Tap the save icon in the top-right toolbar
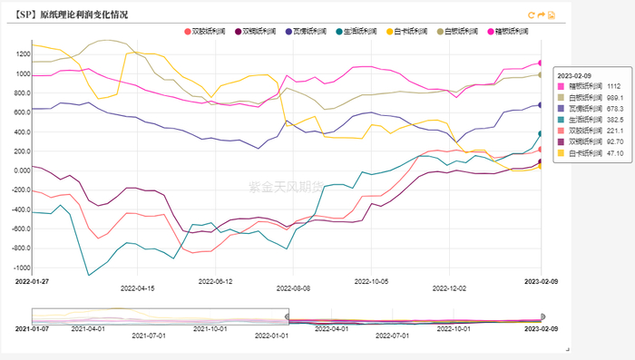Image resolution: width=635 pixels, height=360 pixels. click(x=552, y=15)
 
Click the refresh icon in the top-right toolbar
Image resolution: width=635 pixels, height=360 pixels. click(x=532, y=15)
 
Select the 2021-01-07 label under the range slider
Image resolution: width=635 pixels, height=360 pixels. click(x=34, y=326)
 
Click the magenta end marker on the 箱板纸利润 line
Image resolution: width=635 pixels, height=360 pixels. click(x=541, y=63)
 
